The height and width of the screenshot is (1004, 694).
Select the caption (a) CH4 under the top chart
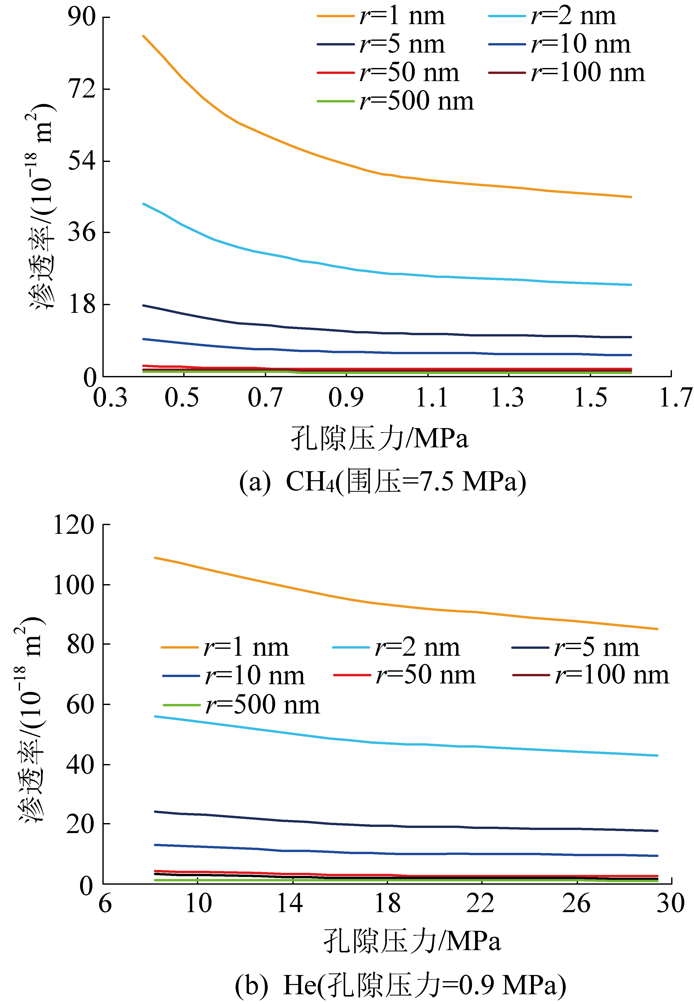pyautogui.click(x=383, y=482)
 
